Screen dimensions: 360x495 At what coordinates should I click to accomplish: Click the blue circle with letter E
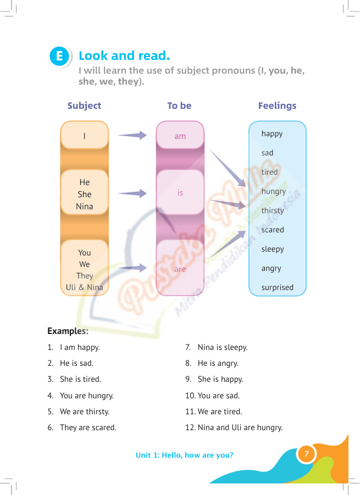click(x=59, y=56)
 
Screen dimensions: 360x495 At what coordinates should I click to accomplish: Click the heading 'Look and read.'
click(x=124, y=55)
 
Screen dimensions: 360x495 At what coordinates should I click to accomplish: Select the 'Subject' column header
click(x=84, y=105)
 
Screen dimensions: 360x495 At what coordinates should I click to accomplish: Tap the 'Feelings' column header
click(x=277, y=105)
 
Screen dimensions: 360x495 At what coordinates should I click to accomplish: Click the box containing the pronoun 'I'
click(x=84, y=135)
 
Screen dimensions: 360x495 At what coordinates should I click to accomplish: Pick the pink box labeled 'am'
click(x=180, y=135)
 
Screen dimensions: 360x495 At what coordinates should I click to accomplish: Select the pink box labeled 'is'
click(x=180, y=192)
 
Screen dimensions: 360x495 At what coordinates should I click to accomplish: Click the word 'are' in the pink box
click(x=180, y=269)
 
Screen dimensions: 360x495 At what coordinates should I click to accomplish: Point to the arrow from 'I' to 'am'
click(x=132, y=135)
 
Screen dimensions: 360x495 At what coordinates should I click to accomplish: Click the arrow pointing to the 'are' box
click(x=132, y=268)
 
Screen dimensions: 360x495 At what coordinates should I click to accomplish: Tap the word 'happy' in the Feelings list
click(x=272, y=134)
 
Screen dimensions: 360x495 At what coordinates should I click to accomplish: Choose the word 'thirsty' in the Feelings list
click(x=273, y=210)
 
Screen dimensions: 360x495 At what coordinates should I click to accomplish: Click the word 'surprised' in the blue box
click(x=277, y=287)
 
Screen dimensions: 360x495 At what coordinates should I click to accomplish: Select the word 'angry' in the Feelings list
click(x=271, y=269)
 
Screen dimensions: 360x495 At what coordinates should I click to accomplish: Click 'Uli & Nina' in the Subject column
click(x=84, y=287)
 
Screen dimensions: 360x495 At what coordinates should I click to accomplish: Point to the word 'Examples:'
click(x=68, y=331)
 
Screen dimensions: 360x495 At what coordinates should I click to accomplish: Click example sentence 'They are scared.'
click(x=88, y=427)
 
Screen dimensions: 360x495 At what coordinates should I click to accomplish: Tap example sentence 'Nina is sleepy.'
click(x=223, y=348)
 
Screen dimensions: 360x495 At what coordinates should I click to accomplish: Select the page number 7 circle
click(x=306, y=454)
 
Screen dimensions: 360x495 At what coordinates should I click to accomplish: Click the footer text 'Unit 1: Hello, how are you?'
click(x=185, y=455)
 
